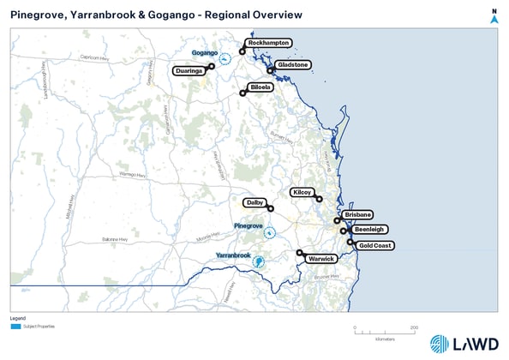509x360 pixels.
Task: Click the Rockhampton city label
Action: [268, 43]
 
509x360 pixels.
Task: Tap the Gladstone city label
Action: [293, 64]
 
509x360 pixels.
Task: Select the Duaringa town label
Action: [189, 71]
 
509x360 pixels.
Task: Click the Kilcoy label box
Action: [303, 193]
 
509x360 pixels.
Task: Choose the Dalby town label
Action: [254, 202]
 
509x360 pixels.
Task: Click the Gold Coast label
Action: [375, 246]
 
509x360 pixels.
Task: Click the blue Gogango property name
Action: [204, 52]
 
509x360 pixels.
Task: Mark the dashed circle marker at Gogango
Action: [225, 58]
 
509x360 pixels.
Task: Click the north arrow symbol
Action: [494, 17]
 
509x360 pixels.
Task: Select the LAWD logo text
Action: [477, 344]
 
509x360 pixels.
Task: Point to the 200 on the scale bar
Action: [414, 327]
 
